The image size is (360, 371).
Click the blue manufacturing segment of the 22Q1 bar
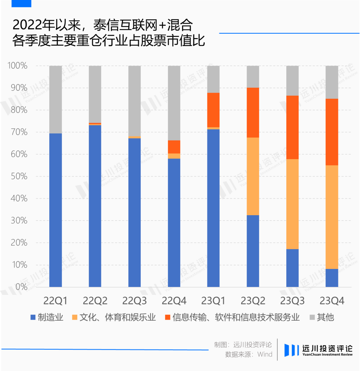[56, 210]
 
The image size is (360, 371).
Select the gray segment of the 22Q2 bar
[95, 94]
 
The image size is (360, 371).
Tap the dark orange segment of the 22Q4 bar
[174, 147]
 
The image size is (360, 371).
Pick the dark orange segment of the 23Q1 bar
[213, 110]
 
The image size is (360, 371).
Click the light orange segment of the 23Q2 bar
[253, 176]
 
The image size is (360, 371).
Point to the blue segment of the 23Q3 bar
[292, 268]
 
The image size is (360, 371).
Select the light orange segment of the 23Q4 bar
[332, 217]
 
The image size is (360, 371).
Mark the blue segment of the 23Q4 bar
[332, 278]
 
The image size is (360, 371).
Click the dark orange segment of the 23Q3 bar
[292, 127]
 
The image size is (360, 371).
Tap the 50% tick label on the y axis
[19, 176]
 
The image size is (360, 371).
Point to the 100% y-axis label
[17, 65]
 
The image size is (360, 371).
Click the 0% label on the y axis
[22, 287]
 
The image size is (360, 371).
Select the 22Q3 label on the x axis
[134, 301]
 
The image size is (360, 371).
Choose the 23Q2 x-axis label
[253, 301]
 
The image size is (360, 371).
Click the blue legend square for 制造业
[33, 317]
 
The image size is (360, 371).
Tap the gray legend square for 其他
[312, 317]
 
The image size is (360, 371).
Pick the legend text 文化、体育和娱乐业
[117, 317]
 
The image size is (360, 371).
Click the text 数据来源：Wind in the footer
[249, 354]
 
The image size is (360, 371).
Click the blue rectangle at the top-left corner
[21, 4]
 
